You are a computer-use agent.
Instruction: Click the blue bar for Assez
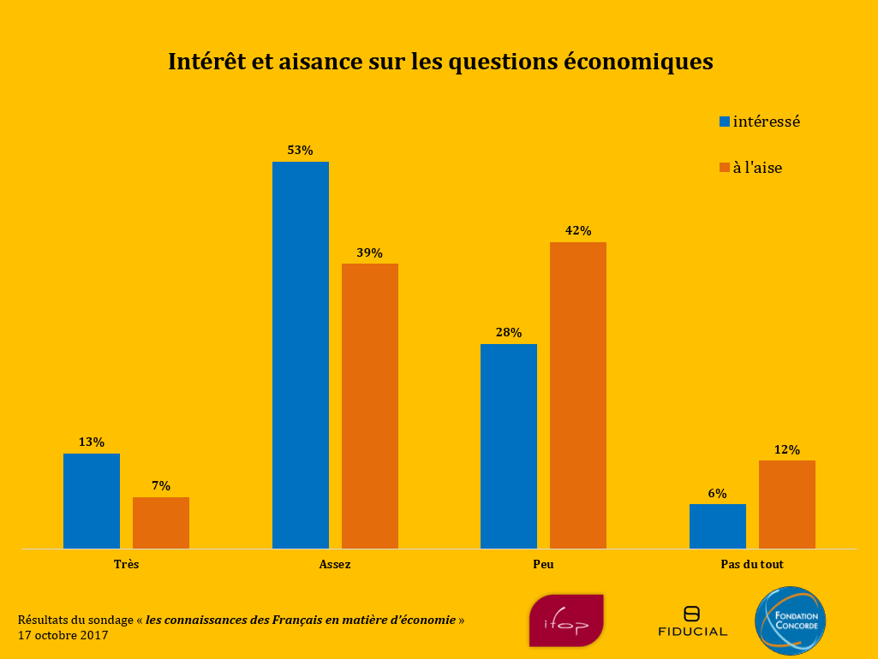point(300,354)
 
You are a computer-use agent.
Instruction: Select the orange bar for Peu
point(577,395)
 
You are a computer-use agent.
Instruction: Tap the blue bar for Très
point(92,501)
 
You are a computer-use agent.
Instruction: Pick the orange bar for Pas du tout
point(786,504)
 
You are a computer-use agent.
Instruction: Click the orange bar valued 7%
point(161,522)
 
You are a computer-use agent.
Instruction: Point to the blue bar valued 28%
point(509,446)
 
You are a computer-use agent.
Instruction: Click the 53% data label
point(300,150)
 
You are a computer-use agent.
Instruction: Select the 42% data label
point(578,230)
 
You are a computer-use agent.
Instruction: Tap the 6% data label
point(717,493)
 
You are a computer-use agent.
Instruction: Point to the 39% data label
point(370,252)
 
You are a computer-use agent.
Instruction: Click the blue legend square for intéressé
point(725,122)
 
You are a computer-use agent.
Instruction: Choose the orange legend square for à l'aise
point(725,168)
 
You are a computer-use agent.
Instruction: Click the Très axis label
point(126,565)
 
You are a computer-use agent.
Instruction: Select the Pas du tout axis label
point(752,565)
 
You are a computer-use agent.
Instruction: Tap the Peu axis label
point(543,565)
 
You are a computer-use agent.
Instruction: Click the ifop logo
point(566,620)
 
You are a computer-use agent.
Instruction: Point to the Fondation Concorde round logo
point(790,620)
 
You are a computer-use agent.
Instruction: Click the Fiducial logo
point(692,622)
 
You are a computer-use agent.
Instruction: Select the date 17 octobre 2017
point(63,636)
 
